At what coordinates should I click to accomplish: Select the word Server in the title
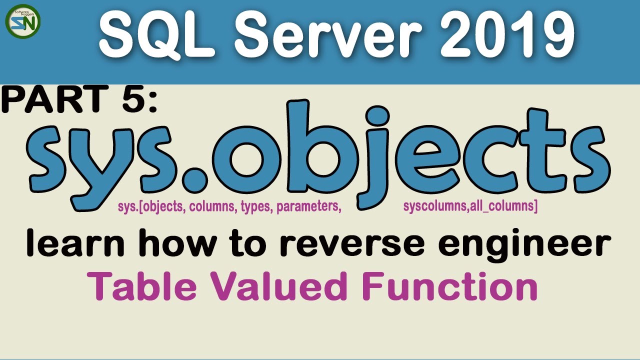pos(320,34)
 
